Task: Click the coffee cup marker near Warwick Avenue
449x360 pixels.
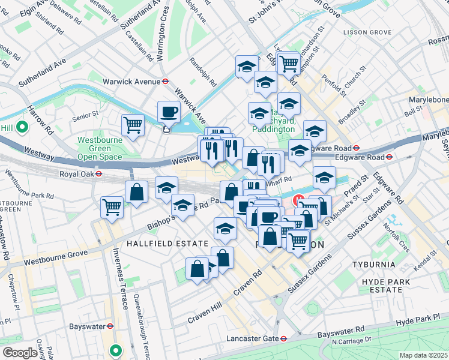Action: click(168, 112)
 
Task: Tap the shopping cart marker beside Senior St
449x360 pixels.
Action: click(133, 125)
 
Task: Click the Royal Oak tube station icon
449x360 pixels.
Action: click(98, 174)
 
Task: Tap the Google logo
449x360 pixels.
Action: click(19, 353)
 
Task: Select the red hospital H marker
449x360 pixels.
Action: click(297, 200)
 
